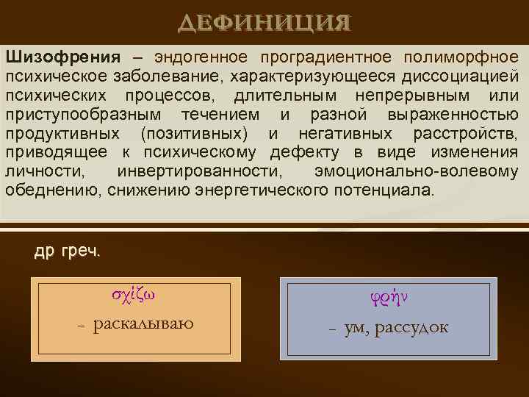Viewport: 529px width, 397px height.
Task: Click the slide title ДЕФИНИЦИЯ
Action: click(264, 23)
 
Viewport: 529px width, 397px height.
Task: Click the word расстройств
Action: click(465, 134)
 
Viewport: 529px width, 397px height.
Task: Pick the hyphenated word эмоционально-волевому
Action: click(415, 172)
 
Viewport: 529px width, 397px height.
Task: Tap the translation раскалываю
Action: click(143, 324)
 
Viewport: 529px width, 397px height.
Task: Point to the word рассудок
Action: click(411, 327)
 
